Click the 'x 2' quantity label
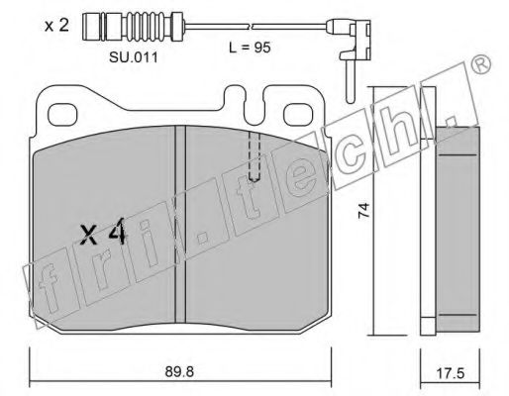coord(56,26)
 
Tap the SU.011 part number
coord(134,58)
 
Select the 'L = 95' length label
coord(250,48)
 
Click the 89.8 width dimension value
coord(179,372)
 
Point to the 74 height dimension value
coord(364,210)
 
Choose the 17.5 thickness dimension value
coord(450,374)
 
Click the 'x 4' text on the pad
coord(104,233)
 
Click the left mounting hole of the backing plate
coord(62,114)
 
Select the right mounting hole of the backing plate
coord(298,114)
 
